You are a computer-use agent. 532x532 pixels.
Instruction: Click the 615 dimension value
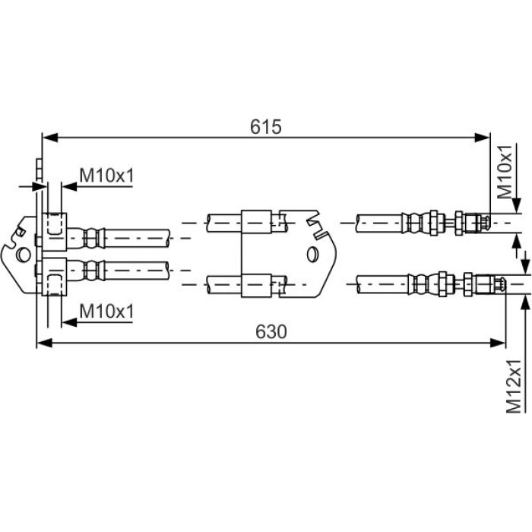pyautogui.click(x=266, y=127)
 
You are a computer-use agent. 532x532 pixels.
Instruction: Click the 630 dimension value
pyautogui.click(x=271, y=331)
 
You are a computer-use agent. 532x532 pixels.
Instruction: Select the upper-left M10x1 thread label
pyautogui.click(x=106, y=175)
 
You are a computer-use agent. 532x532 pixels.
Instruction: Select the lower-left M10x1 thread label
pyautogui.click(x=106, y=311)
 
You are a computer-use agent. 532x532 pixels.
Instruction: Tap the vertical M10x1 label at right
pyautogui.click(x=505, y=172)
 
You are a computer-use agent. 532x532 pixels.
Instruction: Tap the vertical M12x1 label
pyautogui.click(x=513, y=386)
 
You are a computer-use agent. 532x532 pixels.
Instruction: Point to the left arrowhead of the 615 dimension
pyautogui.click(x=49, y=138)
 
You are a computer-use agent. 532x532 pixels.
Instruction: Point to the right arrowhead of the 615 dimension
pyautogui.click(x=482, y=138)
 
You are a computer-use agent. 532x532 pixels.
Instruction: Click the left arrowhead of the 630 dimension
pyautogui.click(x=44, y=343)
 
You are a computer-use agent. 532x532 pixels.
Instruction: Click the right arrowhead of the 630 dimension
pyautogui.click(x=498, y=343)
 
